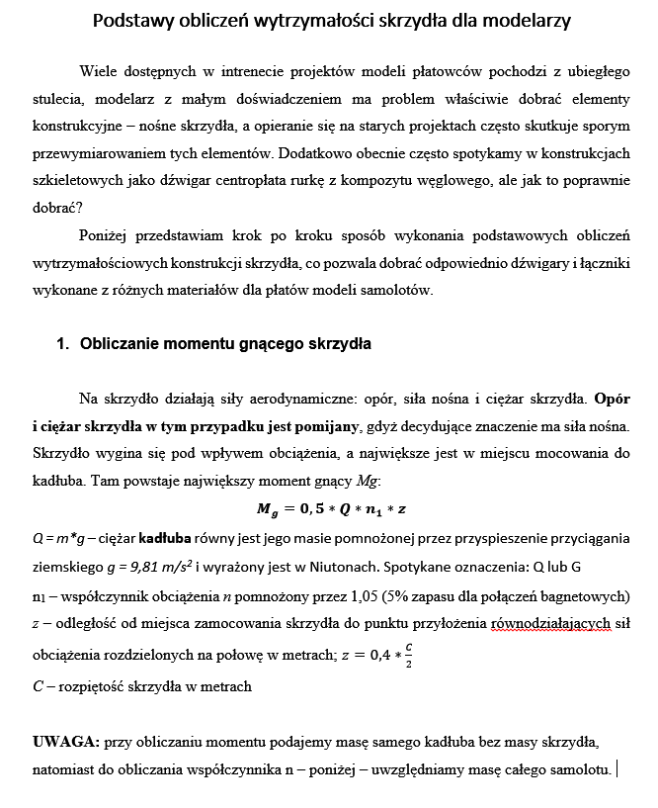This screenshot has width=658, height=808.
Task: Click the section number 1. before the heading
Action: pos(63,344)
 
